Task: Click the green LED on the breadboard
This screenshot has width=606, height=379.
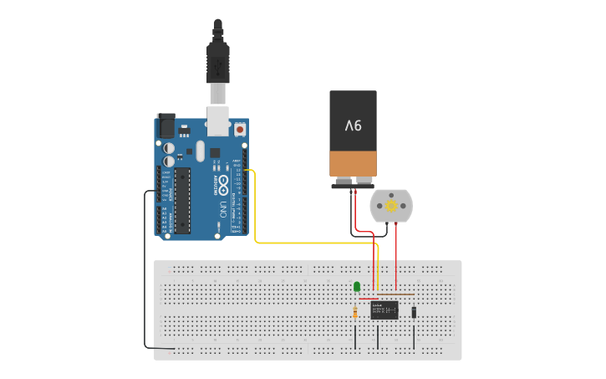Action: point(357,287)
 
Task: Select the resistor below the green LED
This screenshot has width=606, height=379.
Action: point(357,313)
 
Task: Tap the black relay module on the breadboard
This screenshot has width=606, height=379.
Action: point(384,310)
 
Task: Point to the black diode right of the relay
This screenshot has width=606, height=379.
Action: point(414,312)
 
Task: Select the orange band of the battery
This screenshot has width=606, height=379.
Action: point(354,163)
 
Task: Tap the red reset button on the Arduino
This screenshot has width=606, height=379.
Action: point(241,130)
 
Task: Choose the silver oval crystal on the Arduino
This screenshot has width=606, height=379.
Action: point(199,151)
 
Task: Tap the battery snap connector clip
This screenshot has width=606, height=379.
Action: point(352,183)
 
